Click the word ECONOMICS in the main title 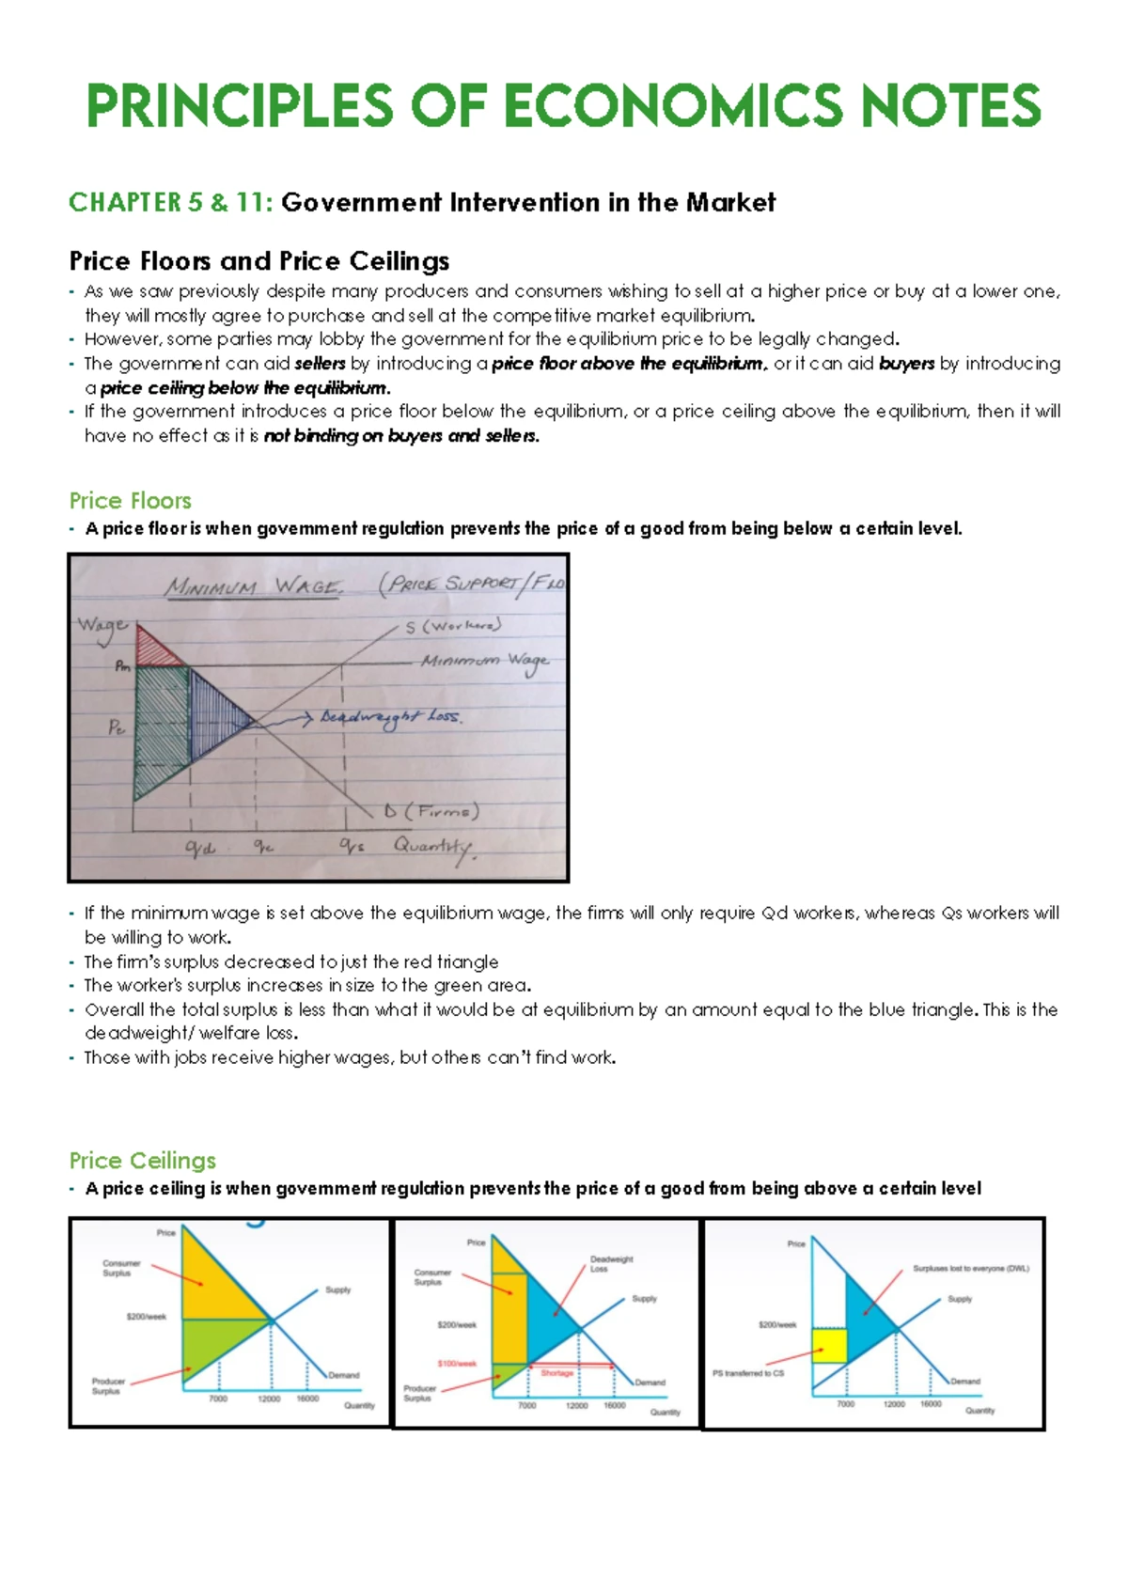[x=662, y=105]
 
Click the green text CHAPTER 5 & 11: [x=170, y=203]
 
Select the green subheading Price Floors [x=130, y=501]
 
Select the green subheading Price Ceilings [x=142, y=1161]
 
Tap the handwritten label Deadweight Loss [x=389, y=717]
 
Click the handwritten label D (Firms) [x=431, y=811]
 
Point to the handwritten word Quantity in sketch [x=432, y=846]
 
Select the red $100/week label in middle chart [x=457, y=1364]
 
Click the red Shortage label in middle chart [x=556, y=1373]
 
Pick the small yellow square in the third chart [x=829, y=1346]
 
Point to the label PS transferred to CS [x=747, y=1373]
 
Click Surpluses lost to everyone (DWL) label [x=970, y=1269]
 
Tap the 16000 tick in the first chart [x=307, y=1399]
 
